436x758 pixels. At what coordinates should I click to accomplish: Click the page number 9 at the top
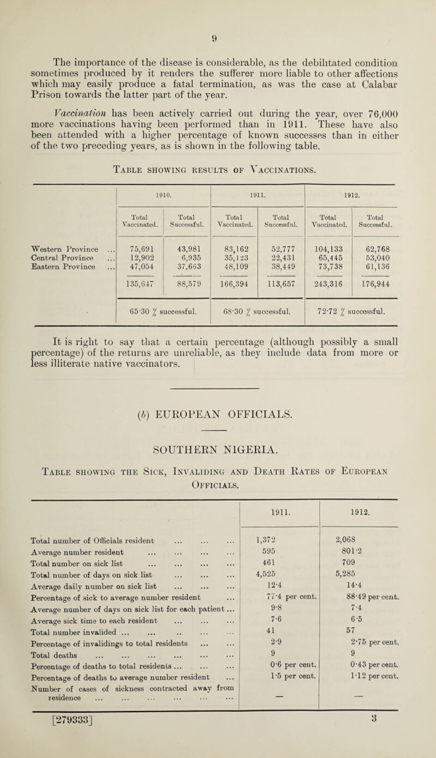[218, 9]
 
